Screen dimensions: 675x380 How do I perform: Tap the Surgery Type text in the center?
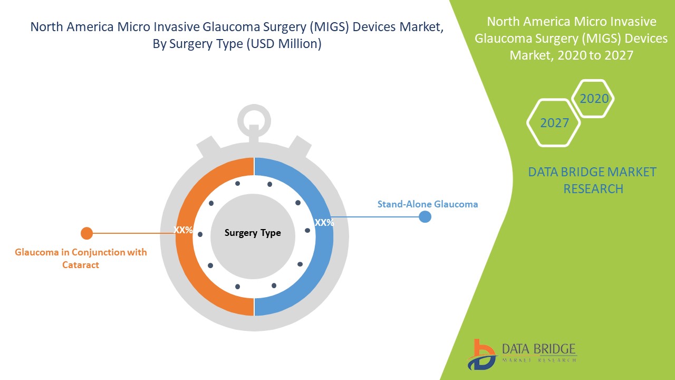(253, 233)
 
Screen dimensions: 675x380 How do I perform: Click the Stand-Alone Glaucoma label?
(428, 204)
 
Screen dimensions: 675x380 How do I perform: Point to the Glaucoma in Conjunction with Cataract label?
(81, 258)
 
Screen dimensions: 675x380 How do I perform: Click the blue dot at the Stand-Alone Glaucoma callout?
(425, 216)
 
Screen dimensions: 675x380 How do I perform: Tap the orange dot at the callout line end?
(87, 233)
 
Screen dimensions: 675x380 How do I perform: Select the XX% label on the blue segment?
(324, 223)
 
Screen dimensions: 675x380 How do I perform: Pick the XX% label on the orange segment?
(183, 230)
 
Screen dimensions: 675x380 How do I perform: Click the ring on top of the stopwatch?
(254, 108)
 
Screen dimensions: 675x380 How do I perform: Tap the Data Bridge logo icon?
(481, 355)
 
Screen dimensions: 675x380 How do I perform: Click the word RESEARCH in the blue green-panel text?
(593, 189)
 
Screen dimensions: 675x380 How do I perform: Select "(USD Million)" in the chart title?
(284, 44)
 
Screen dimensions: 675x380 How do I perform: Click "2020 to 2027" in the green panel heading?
(595, 55)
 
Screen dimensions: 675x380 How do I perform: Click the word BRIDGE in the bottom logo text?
(557, 349)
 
